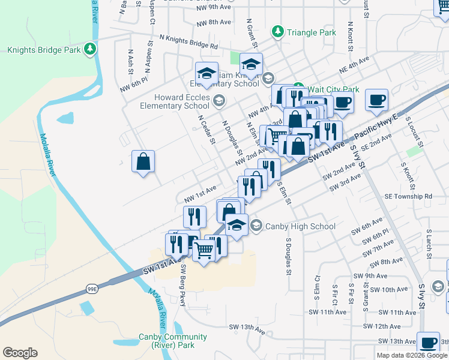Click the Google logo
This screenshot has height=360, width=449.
coord(20,353)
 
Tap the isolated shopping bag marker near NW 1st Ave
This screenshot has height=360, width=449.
coord(143,161)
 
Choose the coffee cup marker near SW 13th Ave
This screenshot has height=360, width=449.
coord(428,343)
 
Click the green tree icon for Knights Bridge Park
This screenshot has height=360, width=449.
coord(90,48)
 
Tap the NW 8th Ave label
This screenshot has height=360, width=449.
coord(214,22)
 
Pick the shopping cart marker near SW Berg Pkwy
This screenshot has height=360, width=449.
coord(204,251)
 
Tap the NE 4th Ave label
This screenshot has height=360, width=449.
coord(353,66)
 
